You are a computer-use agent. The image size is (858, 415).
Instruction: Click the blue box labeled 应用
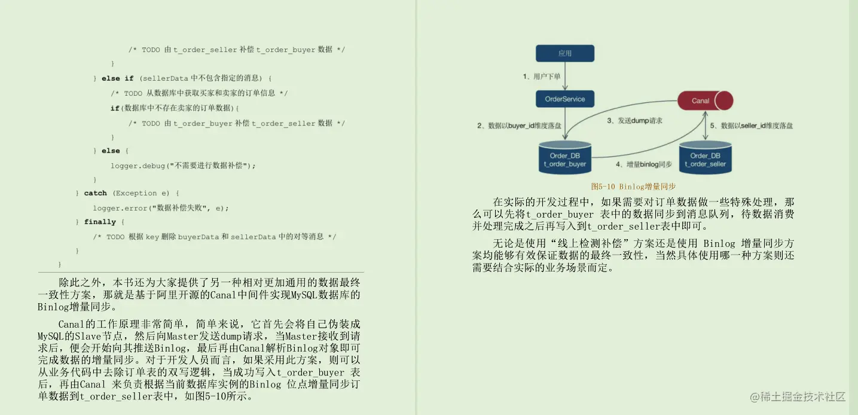pos(565,53)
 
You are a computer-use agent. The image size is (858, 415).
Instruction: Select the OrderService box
pos(565,99)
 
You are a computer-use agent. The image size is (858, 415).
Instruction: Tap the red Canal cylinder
pos(705,100)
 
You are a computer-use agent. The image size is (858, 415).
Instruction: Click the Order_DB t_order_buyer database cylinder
pos(565,158)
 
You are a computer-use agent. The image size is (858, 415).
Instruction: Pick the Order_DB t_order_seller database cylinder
pos(705,158)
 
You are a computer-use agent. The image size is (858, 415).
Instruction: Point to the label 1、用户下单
pos(542,77)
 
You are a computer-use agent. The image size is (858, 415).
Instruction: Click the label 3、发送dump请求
pos(634,120)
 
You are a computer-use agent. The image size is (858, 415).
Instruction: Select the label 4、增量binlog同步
pos(643,164)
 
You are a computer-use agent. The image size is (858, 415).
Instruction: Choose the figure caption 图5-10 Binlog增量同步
pos(625,187)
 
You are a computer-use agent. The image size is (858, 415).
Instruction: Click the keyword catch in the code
pos(96,193)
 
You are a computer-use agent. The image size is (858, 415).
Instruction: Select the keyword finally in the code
pos(100,222)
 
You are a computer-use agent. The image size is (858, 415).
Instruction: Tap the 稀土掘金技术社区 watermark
pos(798,396)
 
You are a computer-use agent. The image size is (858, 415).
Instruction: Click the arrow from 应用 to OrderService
pos(565,76)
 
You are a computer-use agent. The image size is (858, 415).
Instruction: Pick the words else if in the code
pos(118,78)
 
